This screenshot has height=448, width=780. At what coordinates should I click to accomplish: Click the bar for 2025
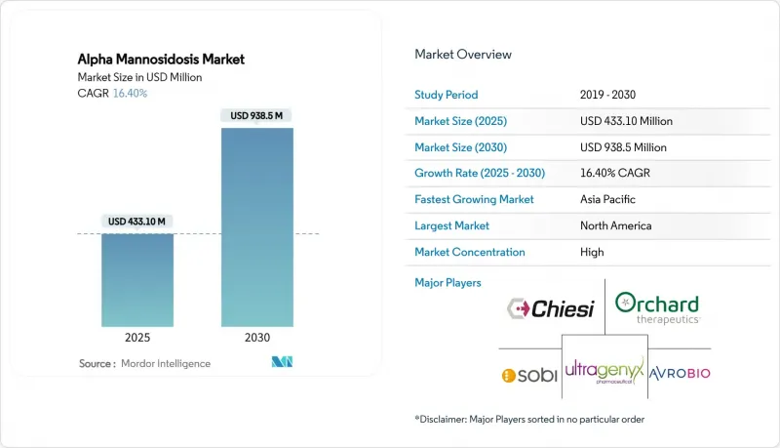[x=137, y=280]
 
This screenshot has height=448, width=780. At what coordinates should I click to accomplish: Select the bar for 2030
[x=257, y=227]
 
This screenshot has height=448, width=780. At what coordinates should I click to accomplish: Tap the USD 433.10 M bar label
[x=136, y=222]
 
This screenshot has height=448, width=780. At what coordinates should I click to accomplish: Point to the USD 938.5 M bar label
[x=256, y=115]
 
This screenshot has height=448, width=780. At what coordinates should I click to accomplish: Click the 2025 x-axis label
[x=137, y=338]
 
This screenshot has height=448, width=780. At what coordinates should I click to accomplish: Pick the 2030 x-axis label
[x=257, y=338]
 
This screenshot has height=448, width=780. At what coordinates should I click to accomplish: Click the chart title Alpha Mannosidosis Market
[x=161, y=60]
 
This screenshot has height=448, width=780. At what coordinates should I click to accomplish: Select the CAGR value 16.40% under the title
[x=130, y=93]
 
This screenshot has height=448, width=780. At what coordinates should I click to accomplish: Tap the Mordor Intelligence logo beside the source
[x=282, y=362]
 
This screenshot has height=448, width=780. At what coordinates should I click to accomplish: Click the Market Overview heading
[x=463, y=55]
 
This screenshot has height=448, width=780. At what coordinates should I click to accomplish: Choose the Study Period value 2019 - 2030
[x=607, y=95]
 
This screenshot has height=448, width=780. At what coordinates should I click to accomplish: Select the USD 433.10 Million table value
[x=626, y=121]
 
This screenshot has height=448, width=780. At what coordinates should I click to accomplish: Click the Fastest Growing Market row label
[x=474, y=200]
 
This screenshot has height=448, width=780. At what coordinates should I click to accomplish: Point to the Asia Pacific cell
[x=607, y=200]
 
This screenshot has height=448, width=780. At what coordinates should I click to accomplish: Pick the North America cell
[x=616, y=226]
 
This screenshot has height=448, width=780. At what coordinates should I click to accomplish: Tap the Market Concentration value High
[x=592, y=253]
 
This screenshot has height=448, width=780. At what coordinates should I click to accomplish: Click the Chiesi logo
[x=551, y=308]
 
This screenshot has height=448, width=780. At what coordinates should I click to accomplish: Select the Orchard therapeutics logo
[x=657, y=308]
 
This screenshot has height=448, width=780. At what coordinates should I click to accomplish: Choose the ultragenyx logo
[x=604, y=371]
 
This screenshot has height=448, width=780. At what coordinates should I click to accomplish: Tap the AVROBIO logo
[x=680, y=373]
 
